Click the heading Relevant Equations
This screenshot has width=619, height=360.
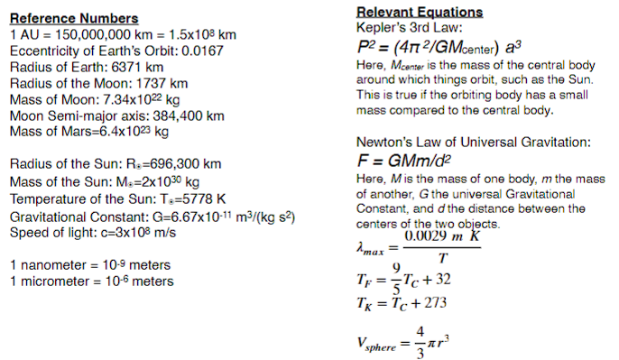419,13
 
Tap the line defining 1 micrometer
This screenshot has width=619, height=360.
91,281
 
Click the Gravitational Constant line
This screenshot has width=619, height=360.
153,217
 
